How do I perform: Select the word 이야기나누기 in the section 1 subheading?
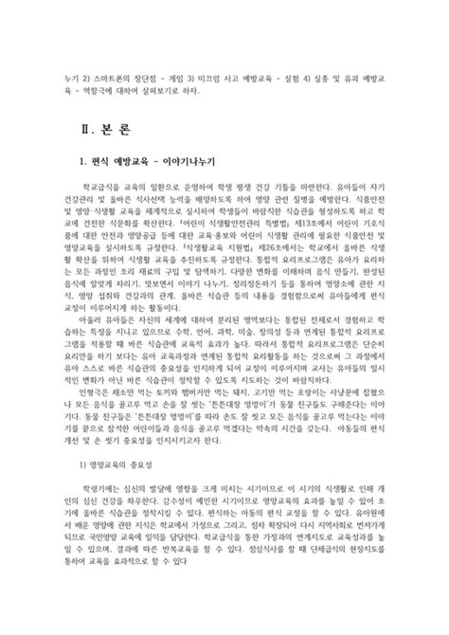[x=171, y=162]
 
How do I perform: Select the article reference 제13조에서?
[x=314, y=246]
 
